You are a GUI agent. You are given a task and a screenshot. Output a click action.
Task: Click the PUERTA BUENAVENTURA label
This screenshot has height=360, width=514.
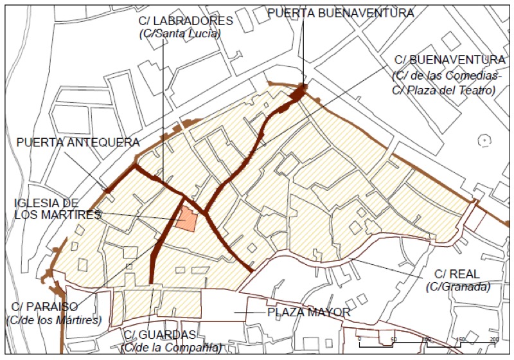pyautogui.click(x=340, y=12)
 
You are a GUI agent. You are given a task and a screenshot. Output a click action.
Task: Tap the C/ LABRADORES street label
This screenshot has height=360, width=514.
pyautogui.click(x=185, y=21)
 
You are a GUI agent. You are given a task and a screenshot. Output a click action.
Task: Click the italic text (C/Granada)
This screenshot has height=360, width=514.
pyautogui.click(x=457, y=287)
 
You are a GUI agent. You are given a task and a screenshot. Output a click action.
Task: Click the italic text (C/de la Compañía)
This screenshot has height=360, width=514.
pyautogui.click(x=173, y=348)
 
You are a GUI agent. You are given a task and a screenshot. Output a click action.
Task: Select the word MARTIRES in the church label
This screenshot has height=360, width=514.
pyautogui.click(x=71, y=215)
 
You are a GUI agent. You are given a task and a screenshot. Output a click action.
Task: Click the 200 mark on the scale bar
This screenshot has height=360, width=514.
pyautogui.click(x=493, y=339)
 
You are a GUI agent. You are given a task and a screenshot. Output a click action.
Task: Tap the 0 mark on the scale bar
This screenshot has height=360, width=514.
pyautogui.click(x=360, y=339)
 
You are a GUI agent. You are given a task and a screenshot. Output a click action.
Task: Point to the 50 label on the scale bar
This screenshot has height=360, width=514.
pyautogui.click(x=393, y=339)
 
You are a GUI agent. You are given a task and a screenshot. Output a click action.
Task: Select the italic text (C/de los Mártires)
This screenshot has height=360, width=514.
pyautogui.click(x=53, y=319)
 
